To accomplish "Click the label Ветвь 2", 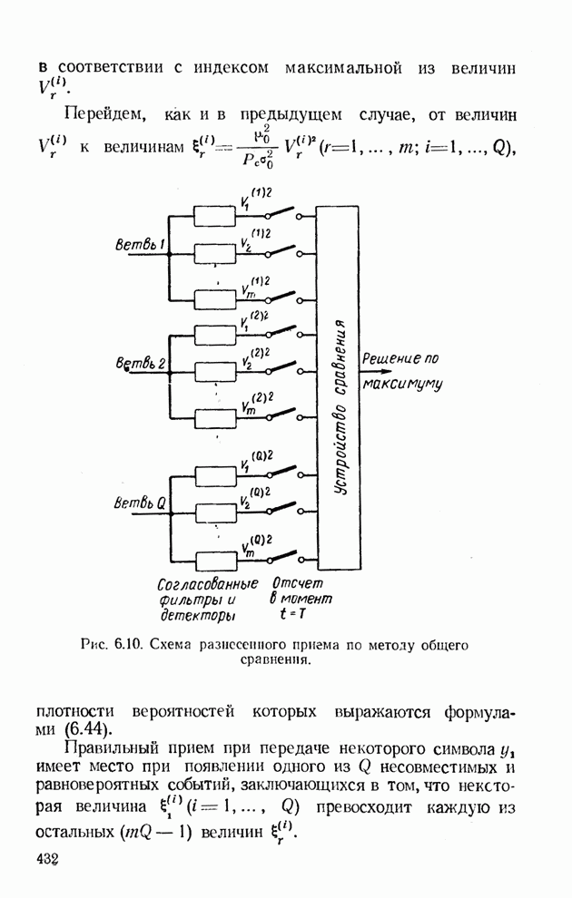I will (x=138, y=364).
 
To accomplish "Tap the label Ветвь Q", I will (x=139, y=503).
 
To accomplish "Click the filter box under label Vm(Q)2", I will (x=216, y=560).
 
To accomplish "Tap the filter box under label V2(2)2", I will (x=216, y=370).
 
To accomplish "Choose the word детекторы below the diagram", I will (x=184, y=616).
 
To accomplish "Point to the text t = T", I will (x=292, y=616).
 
